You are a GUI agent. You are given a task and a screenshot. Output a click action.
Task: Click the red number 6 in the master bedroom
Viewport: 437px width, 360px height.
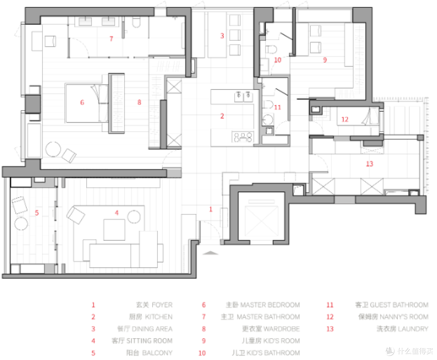click(x=82, y=102)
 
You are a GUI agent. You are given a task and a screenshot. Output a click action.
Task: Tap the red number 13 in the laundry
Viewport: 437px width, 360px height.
click(x=369, y=164)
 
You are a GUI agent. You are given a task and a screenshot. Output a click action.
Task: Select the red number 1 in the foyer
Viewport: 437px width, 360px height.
click(x=211, y=209)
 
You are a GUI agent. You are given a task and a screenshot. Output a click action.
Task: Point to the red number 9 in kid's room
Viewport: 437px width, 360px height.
click(x=325, y=60)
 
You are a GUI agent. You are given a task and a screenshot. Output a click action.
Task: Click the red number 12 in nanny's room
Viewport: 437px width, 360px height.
click(x=345, y=119)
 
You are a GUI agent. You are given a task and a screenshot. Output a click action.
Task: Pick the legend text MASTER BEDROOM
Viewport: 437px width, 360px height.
click(x=270, y=305)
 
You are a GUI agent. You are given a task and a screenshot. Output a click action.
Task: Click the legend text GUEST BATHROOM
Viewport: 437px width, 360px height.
click(x=399, y=305)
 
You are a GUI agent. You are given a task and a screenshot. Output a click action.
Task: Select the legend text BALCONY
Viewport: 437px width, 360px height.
click(x=157, y=353)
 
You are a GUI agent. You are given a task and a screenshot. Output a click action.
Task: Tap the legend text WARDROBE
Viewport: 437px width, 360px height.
click(x=282, y=329)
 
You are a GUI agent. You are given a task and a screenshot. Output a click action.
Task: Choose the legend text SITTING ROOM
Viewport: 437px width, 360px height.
click(x=149, y=341)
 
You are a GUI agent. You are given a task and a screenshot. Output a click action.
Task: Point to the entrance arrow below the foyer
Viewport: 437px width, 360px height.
click(x=210, y=253)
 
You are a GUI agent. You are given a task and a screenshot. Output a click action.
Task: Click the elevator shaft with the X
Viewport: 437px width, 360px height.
click(x=261, y=218)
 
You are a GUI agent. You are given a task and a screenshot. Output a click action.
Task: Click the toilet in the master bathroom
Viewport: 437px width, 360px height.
click(x=136, y=22)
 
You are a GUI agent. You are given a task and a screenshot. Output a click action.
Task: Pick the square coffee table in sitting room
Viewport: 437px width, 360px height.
click(x=114, y=230)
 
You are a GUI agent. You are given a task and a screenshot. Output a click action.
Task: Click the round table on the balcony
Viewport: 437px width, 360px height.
click(x=21, y=224)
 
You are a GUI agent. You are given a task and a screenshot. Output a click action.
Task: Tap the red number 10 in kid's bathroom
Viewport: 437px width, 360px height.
click(x=278, y=60)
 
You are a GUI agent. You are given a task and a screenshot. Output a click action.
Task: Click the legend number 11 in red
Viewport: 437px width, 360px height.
click(x=330, y=305)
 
